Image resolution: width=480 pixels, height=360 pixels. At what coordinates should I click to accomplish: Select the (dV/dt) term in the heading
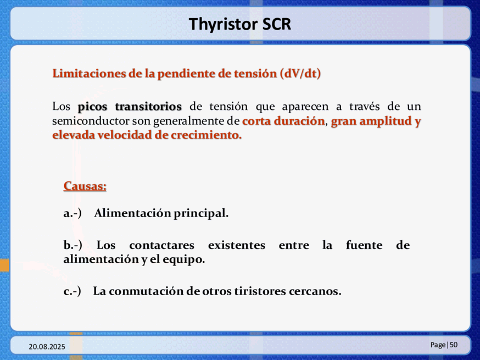coord(300,74)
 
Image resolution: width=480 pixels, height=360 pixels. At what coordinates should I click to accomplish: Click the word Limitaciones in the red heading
coord(88,74)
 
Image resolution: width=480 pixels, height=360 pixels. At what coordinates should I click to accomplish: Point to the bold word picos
coord(92,107)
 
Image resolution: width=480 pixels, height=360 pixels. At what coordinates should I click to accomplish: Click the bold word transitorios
coord(148,106)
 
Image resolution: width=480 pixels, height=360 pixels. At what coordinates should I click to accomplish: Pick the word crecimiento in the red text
coord(206,135)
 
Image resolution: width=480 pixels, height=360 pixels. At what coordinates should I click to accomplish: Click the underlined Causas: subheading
coord(85,186)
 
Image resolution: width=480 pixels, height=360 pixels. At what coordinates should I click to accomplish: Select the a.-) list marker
coord(72,213)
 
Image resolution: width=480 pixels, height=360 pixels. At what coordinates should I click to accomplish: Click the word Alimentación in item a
coord(132,213)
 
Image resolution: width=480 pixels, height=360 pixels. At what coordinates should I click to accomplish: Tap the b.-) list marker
coord(73,245)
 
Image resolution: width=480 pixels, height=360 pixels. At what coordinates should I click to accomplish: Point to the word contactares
coord(161,246)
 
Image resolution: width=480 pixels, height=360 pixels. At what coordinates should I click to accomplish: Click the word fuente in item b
coord(364,245)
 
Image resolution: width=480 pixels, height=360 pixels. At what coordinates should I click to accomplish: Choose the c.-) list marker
coord(72,291)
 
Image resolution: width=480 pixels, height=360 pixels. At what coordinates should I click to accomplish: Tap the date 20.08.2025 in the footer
coord(47,347)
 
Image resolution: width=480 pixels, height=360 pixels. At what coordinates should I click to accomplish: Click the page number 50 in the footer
coord(454,345)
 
